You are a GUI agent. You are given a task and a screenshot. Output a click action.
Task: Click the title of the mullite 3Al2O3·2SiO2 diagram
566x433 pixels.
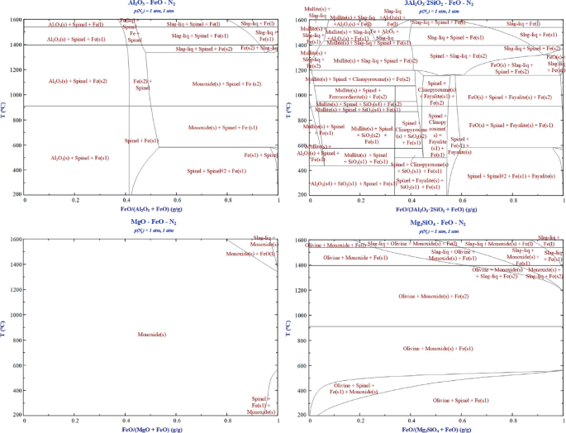click(x=435, y=3)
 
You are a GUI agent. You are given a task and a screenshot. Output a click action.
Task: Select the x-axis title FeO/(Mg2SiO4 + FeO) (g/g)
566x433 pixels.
click(x=435, y=429)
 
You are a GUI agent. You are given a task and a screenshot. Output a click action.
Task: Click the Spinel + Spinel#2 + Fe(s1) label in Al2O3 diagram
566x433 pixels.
click(x=216, y=171)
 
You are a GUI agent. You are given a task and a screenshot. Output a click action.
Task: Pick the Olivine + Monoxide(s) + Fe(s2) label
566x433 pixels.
click(x=435, y=296)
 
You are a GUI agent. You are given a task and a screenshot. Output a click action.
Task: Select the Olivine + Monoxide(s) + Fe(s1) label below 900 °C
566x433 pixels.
click(x=435, y=349)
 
